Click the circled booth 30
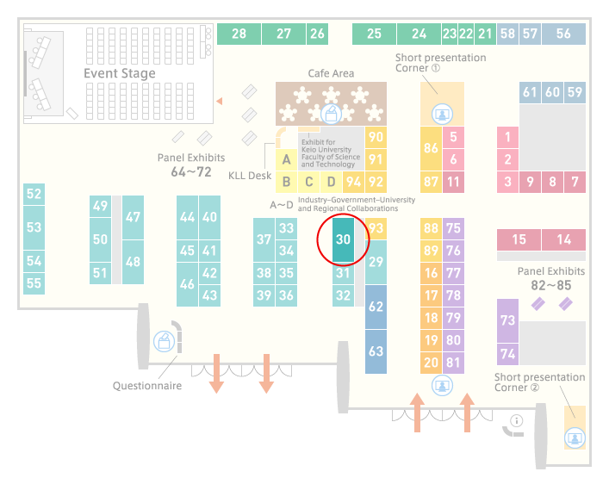[x=344, y=239]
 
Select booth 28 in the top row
[x=239, y=34]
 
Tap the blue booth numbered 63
[x=376, y=351]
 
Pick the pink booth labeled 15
[x=519, y=239]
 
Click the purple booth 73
[x=507, y=320]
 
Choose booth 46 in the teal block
[x=187, y=284]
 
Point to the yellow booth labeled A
[x=286, y=159]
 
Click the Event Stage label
[x=120, y=73]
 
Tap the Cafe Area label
[x=331, y=73]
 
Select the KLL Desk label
[x=250, y=176]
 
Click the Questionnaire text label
[x=147, y=386]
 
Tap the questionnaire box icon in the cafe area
[x=331, y=115]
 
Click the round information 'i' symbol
[x=517, y=420]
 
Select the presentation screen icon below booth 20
[x=442, y=386]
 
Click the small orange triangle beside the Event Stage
[x=220, y=102]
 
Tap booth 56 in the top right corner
[x=563, y=34]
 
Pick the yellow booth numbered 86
[x=431, y=148]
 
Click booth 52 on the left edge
[x=34, y=194]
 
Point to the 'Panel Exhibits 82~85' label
[x=551, y=278]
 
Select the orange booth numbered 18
[x=431, y=318]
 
